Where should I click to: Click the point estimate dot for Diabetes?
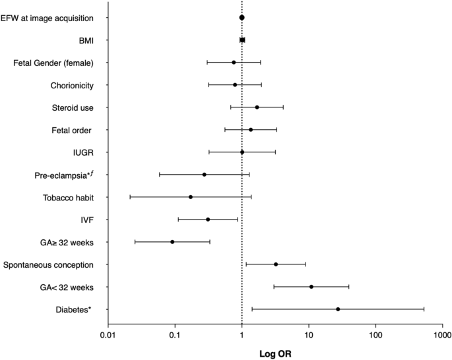point(338,309)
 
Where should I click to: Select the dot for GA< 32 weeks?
point(311,287)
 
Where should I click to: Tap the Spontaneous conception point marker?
point(276,264)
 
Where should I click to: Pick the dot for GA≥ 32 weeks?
point(172,242)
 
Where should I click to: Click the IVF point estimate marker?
point(208,220)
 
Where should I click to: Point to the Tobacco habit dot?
point(191,197)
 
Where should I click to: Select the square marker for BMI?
point(242,40)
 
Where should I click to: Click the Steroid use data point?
point(257,107)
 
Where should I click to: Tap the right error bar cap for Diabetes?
point(424,309)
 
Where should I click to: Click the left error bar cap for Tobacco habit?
point(130,197)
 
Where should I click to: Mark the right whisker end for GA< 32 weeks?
point(349,287)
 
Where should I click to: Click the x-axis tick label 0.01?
point(108,336)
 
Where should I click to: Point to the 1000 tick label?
point(441,336)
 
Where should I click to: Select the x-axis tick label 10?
point(308,336)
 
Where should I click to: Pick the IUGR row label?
point(82,152)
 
